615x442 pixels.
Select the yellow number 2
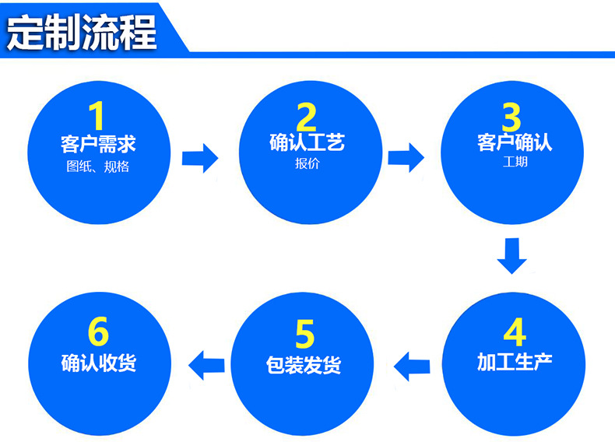(x=307, y=117)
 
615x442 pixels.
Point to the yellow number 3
(x=511, y=117)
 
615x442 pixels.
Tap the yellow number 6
(x=98, y=333)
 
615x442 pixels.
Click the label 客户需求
(x=98, y=145)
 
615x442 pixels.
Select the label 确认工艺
(x=307, y=143)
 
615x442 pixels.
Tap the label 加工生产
(x=515, y=363)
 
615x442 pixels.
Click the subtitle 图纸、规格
(x=98, y=167)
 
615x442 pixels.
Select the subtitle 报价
(x=307, y=164)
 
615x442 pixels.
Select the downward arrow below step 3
(x=511, y=256)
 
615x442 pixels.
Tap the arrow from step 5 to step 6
(x=208, y=364)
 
